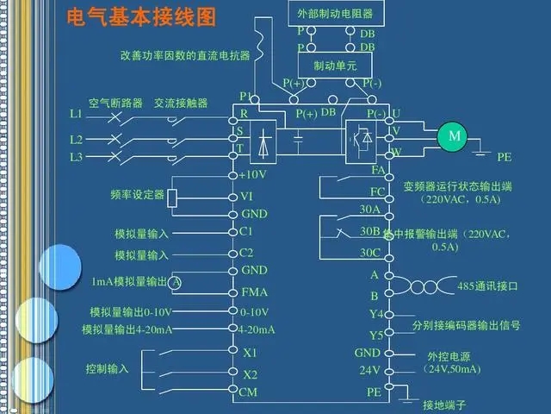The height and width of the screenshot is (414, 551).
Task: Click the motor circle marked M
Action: coord(455,135)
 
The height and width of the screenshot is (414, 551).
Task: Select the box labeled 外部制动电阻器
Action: coord(333,14)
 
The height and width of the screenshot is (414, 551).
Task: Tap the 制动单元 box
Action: coord(333,66)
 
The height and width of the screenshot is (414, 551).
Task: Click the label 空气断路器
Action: coord(115,103)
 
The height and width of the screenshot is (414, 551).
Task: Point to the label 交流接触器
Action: coord(181,103)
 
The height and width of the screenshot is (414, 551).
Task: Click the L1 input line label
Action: coord(76,114)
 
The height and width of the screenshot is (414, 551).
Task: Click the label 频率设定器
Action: coord(137,195)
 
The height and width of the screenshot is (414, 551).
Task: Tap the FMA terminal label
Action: coord(255,292)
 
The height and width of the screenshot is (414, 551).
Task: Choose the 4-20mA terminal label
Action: coord(257,329)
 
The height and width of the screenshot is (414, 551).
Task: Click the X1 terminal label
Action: coord(251,353)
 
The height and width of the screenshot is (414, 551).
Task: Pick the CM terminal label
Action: coord(249,392)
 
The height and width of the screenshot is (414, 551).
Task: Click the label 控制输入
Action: coord(107,369)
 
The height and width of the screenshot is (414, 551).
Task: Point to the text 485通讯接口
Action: coord(487,285)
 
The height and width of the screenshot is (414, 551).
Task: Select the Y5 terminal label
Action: coord(375,335)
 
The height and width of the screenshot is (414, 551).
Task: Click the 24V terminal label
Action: coord(369,370)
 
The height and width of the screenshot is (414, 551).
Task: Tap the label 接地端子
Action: coord(443,405)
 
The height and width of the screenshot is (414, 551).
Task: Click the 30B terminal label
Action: coord(370,231)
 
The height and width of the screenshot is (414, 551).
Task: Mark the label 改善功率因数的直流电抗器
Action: coord(185,55)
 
